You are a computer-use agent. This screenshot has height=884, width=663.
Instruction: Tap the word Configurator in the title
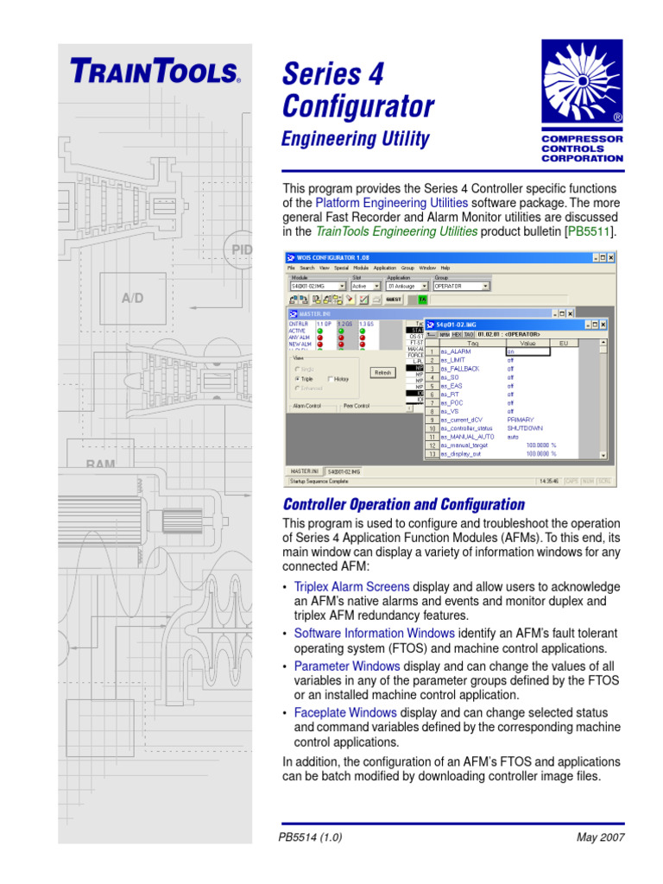[x=358, y=107]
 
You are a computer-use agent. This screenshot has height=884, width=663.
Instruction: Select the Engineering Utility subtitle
[x=356, y=139]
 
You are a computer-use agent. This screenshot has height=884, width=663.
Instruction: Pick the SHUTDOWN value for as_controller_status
[x=524, y=427]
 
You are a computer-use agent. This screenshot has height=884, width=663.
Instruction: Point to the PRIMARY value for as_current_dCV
[x=521, y=420]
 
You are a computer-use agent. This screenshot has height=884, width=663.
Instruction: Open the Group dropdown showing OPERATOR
[x=462, y=285]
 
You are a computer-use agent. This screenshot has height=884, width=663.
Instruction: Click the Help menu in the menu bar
[x=445, y=268]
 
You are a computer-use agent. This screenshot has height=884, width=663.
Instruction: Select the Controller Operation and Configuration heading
[x=403, y=505]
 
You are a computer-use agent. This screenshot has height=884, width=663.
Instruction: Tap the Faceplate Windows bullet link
[x=345, y=713]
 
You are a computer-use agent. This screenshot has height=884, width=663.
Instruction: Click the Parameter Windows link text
[x=346, y=666]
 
